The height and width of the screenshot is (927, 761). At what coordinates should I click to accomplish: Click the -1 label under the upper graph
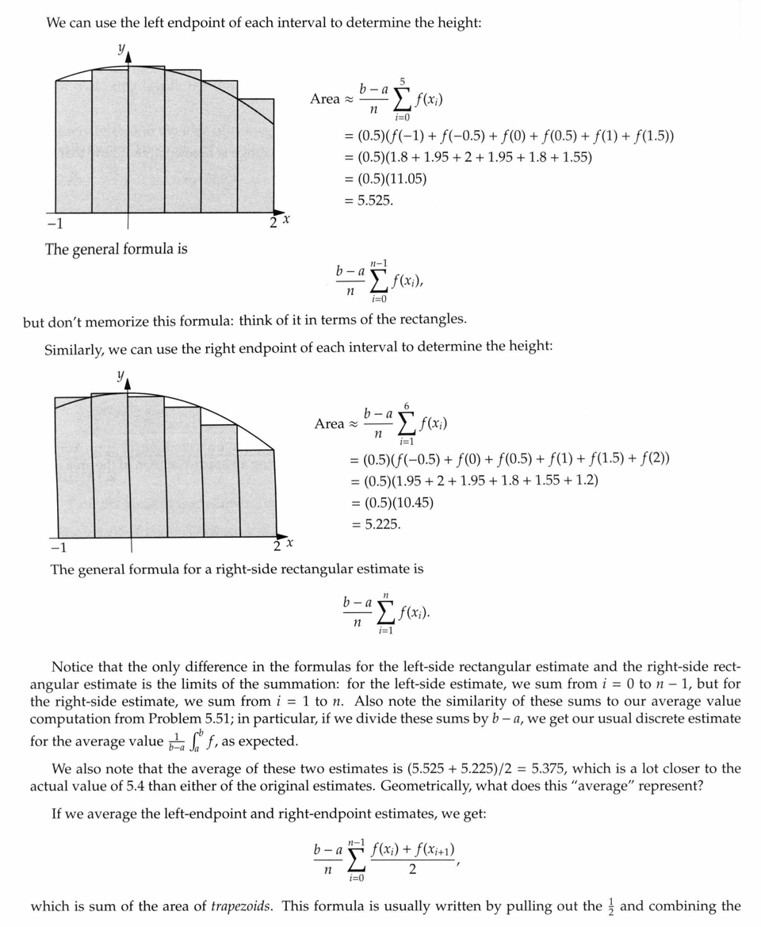[x=54, y=223]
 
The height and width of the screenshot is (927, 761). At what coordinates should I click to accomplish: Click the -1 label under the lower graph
[x=59, y=548]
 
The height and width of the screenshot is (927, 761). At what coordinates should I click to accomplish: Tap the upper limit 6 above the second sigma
[x=407, y=406]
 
